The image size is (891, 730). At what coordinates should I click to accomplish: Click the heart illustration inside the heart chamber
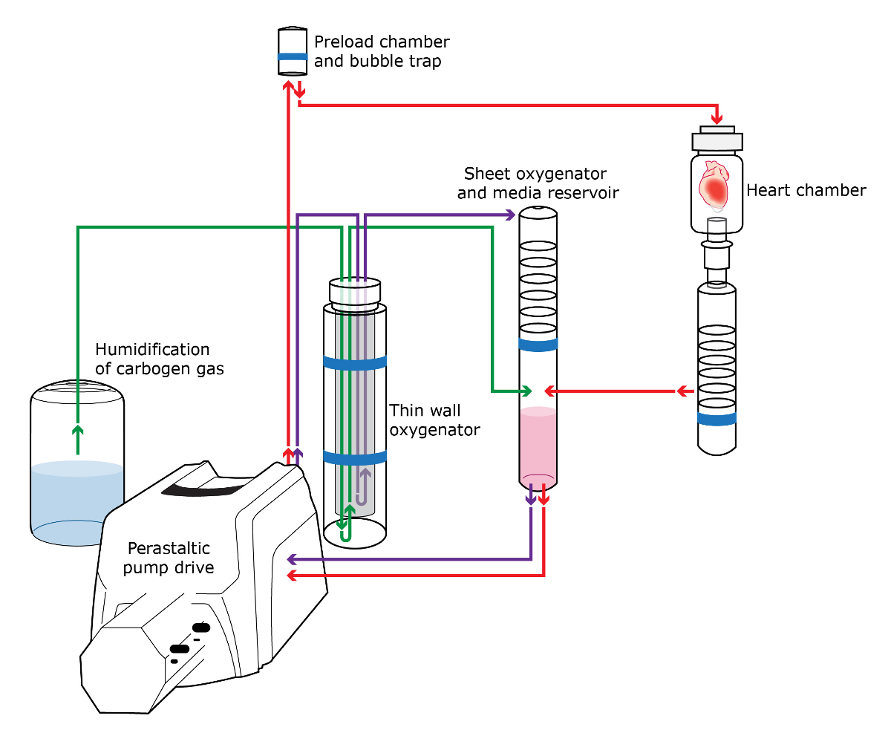click(x=716, y=184)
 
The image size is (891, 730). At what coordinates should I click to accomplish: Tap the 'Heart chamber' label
click(x=806, y=191)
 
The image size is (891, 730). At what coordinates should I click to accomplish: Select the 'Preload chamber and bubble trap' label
click(x=382, y=51)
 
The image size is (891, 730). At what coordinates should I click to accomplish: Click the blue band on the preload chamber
click(x=293, y=56)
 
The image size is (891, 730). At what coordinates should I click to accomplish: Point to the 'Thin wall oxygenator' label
click(x=435, y=420)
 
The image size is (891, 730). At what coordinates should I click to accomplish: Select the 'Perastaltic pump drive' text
click(x=171, y=558)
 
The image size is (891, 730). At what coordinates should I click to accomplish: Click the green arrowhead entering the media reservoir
click(x=526, y=391)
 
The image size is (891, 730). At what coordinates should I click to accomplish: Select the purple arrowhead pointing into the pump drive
click(x=293, y=558)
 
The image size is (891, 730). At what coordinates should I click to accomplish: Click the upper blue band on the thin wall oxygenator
click(x=355, y=363)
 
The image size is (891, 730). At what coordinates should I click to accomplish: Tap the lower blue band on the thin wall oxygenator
click(x=355, y=457)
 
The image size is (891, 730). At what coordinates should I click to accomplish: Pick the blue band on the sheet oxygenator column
click(x=538, y=344)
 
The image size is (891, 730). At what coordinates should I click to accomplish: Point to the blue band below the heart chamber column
click(x=717, y=419)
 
